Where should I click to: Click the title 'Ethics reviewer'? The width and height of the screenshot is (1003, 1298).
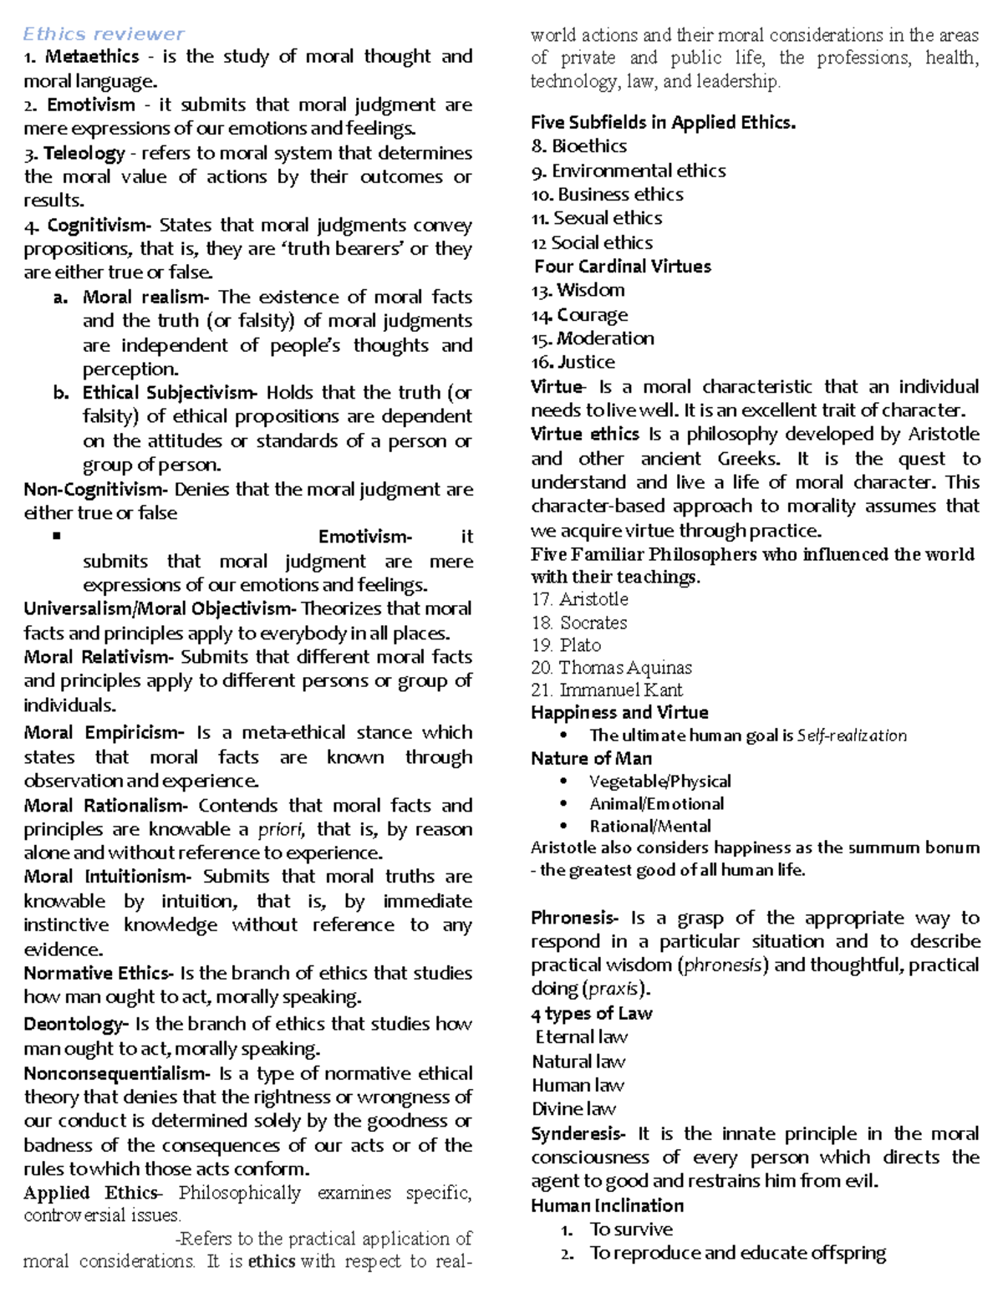[104, 34]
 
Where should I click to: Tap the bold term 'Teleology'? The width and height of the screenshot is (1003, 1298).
[84, 153]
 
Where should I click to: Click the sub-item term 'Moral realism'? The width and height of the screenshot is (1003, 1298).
[143, 297]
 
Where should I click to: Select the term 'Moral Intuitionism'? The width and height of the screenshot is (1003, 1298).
[107, 877]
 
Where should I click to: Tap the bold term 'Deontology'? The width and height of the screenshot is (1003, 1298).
[74, 1024]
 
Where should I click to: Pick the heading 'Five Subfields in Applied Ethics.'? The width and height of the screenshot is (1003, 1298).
[663, 123]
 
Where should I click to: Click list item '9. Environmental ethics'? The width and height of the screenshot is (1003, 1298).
[628, 171]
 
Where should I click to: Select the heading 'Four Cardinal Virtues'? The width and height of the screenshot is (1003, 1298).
[623, 267]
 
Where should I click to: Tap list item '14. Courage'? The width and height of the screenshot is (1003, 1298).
[579, 315]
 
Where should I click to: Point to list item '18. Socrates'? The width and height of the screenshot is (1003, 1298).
[578, 623]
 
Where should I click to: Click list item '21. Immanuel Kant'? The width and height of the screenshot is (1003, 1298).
[606, 690]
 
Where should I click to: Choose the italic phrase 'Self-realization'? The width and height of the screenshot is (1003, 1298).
[852, 736]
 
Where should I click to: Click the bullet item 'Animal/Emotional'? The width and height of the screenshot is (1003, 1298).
[656, 804]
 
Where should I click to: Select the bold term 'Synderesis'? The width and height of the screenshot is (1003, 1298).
[576, 1134]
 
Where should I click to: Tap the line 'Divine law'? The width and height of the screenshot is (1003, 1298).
[573, 1109]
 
